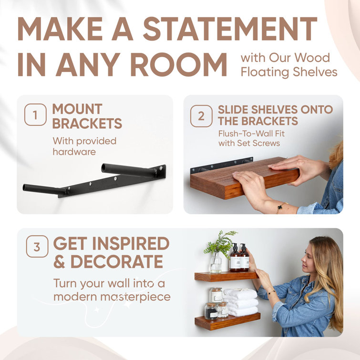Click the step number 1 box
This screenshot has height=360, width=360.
coord(35,115)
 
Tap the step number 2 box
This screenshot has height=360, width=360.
coord(201,116)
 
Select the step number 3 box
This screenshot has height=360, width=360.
coord(37,248)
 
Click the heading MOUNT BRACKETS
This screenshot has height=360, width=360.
coord(87,116)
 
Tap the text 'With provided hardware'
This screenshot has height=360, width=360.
coord(84,146)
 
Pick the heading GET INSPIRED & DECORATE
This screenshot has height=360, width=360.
coord(111,252)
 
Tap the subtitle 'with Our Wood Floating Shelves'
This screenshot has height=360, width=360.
coord(288,65)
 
